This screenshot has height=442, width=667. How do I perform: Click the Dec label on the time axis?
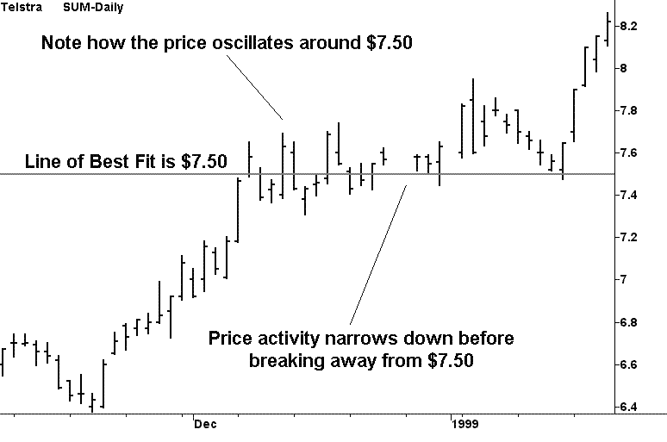pyautogui.click(x=204, y=424)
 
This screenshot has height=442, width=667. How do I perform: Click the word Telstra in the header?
pyautogui.click(x=19, y=8)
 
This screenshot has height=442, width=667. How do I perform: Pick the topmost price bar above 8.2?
pyautogui.click(x=608, y=28)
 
